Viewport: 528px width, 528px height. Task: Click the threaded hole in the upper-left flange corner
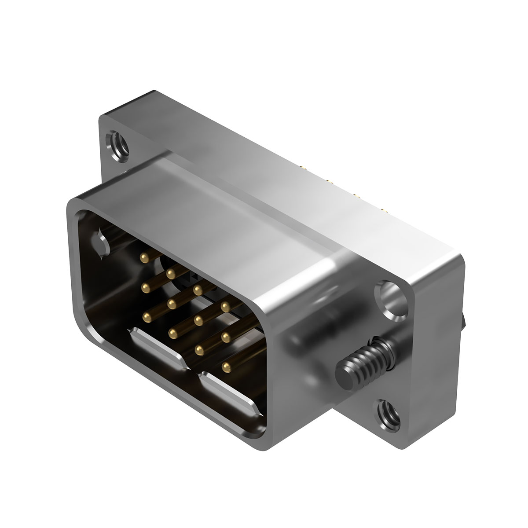coord(117,146)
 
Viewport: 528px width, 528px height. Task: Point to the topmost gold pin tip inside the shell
coord(143,256)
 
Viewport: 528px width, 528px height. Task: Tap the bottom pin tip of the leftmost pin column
coord(145,315)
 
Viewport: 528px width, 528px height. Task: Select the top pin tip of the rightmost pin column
coord(225,305)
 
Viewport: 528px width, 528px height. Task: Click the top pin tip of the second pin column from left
coord(171,274)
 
